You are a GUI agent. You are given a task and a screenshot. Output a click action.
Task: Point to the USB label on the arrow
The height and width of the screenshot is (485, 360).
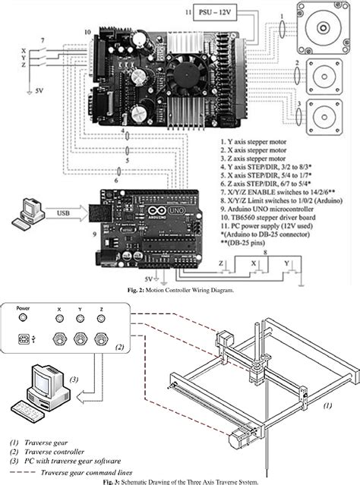(62, 213)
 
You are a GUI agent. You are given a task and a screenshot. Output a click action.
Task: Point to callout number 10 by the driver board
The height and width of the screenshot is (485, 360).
(87, 32)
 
